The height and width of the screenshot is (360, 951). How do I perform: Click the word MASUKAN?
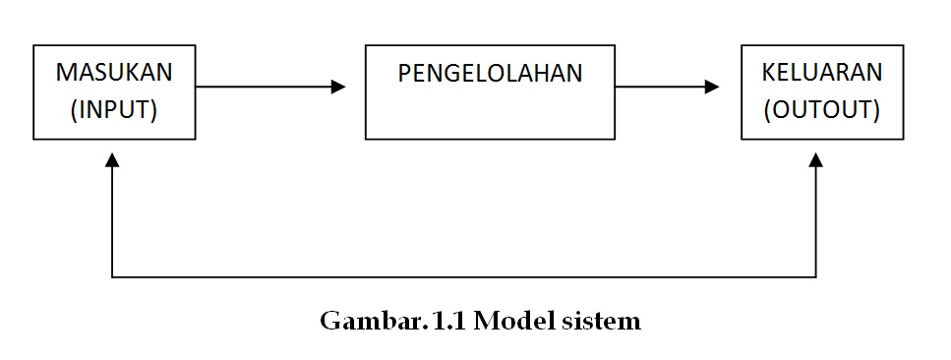click(x=114, y=74)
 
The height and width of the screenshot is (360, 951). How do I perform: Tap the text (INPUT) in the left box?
click(x=114, y=109)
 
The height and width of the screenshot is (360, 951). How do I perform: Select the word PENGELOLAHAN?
click(x=490, y=74)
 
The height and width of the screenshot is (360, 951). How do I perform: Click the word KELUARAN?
click(x=822, y=74)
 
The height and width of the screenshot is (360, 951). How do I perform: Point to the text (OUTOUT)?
click(x=822, y=109)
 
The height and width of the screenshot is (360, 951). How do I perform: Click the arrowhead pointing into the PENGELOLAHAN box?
click(x=338, y=88)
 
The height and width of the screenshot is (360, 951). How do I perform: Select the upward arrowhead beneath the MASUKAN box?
click(x=113, y=159)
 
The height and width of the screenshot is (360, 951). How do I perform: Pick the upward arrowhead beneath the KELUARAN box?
click(x=816, y=159)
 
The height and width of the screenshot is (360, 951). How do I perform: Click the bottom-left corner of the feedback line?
click(x=113, y=277)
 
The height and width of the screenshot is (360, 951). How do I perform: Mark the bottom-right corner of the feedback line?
click(x=816, y=277)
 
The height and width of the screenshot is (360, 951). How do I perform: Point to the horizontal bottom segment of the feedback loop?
click(x=462, y=277)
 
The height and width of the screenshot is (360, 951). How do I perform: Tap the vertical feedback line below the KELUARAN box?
click(x=816, y=221)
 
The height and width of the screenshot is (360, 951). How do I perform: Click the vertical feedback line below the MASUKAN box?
click(x=113, y=221)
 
